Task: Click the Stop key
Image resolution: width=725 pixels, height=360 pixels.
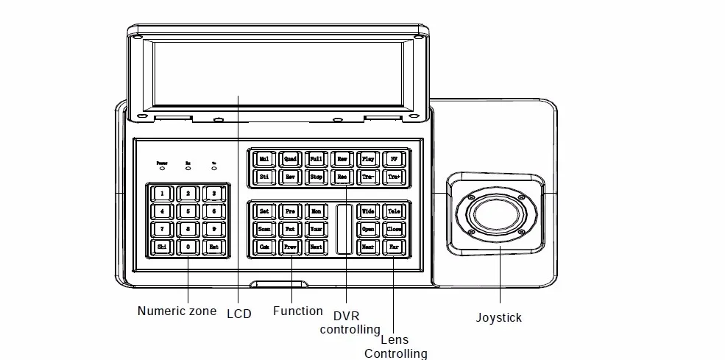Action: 316,177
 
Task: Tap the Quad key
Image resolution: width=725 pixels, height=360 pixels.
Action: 290,159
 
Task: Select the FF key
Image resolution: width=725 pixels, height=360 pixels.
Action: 394,159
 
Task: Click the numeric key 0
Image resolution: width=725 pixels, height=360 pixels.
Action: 188,247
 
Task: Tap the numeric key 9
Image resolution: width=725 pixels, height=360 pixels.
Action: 213,230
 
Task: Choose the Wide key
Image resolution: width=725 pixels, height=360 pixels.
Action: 368,211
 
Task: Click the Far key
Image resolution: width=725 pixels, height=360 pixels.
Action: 394,247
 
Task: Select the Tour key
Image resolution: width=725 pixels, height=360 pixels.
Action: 316,230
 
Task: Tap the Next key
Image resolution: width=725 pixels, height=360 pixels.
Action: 316,247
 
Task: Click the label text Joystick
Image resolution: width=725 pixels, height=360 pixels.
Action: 498,318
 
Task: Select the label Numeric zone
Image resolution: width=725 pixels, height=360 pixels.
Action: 177,311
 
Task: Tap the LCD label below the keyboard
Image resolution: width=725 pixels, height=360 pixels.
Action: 238,314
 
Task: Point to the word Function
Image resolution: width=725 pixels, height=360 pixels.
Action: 297,311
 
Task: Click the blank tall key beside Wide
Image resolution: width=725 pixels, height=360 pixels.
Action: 344,230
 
